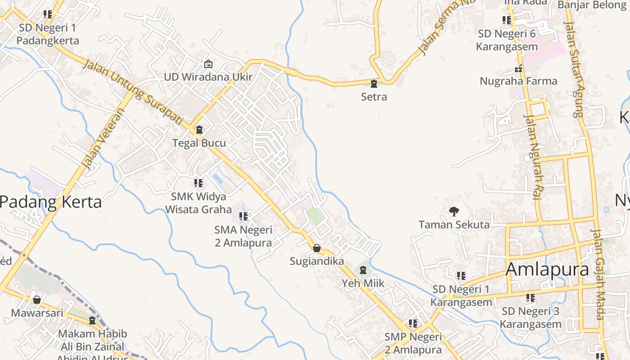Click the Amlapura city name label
pyautogui.click(x=547, y=270)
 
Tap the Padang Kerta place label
pyautogui.click(x=50, y=202)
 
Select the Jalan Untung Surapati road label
pyautogui.click(x=133, y=93)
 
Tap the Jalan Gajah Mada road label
pyautogui.click(x=599, y=274)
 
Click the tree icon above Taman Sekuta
pyautogui.click(x=454, y=211)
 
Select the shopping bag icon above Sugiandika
pyautogui.click(x=317, y=248)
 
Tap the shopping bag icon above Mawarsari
pyautogui.click(x=37, y=299)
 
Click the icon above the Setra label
pyautogui.click(x=373, y=84)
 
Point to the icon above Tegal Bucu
pyautogui.click(x=199, y=130)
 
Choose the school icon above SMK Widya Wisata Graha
pyautogui.click(x=198, y=183)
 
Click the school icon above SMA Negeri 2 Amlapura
pyautogui.click(x=243, y=216)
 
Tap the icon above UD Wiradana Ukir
pyautogui.click(x=208, y=64)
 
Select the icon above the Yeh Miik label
pyautogui.click(x=363, y=270)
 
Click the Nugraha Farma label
pyautogui.click(x=518, y=81)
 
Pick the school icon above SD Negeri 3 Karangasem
pyautogui.click(x=531, y=298)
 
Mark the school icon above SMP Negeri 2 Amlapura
pyautogui.click(x=413, y=324)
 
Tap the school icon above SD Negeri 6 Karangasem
pyautogui.click(x=507, y=20)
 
